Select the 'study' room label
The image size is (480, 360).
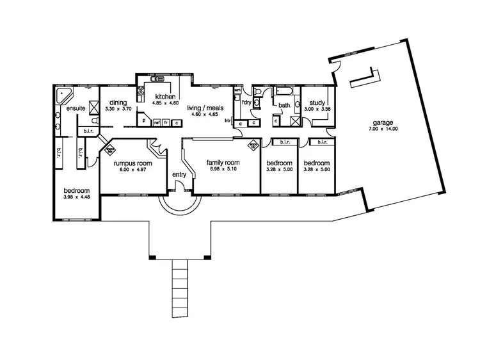(x=317, y=102)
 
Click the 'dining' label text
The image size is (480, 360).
(x=117, y=102)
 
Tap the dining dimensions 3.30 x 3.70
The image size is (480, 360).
(x=117, y=109)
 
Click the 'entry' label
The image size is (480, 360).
(x=179, y=175)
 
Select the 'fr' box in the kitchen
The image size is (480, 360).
(x=166, y=122)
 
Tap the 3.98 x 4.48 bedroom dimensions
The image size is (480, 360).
(x=76, y=197)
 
